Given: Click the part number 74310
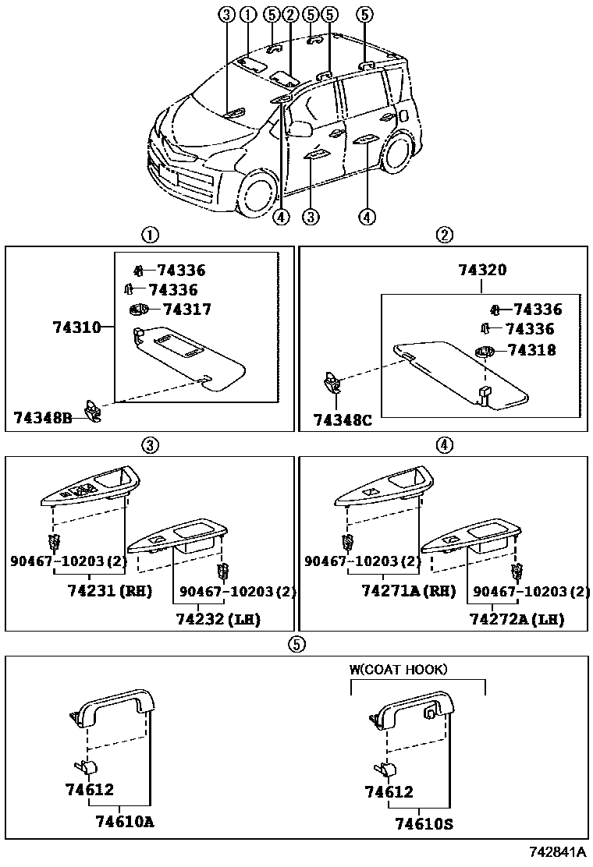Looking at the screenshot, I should click(76, 327).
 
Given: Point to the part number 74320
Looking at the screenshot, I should click(482, 271).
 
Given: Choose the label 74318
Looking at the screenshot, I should click(531, 350).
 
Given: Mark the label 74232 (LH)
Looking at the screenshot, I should click(218, 619).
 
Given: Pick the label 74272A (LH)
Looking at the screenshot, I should click(517, 619).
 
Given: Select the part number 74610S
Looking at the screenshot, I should click(424, 823).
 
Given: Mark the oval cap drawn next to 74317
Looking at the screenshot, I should click(138, 310).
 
